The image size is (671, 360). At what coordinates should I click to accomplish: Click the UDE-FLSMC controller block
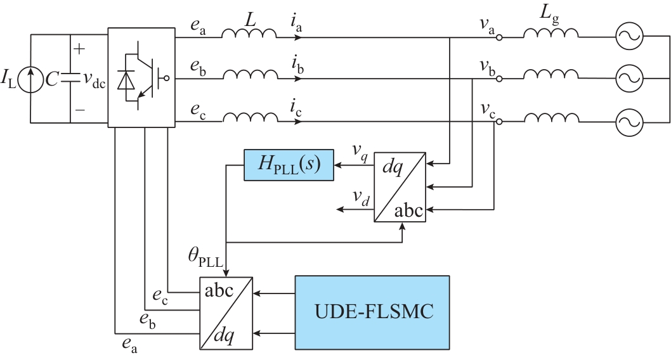coord(372,312)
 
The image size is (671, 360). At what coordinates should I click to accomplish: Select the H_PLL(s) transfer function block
coord(289,165)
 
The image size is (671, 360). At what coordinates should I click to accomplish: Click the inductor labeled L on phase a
coord(249,35)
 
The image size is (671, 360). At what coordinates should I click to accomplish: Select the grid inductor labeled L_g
coord(550,35)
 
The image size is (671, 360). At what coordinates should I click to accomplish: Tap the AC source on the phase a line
coord(630,37)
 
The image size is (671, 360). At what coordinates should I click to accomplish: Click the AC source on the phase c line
coord(630,120)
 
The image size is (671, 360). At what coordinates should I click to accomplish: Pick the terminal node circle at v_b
coord(499,79)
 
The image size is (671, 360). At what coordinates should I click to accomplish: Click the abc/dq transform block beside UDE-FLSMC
coord(226,312)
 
